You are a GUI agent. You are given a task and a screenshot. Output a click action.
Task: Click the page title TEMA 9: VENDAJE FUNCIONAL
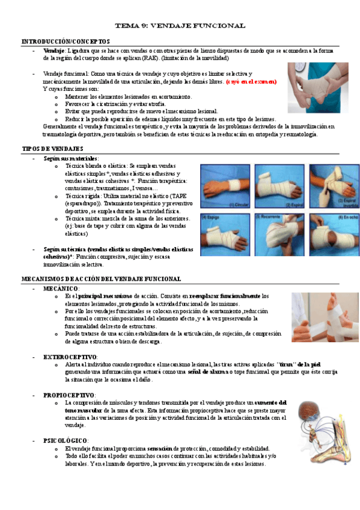click(180, 26)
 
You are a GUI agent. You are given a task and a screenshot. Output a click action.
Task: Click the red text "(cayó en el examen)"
click(251, 81)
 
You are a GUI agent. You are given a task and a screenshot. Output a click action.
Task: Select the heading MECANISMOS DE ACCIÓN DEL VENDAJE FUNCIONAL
click(101, 279)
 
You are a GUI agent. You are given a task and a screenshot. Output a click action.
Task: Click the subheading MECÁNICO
click(61, 289)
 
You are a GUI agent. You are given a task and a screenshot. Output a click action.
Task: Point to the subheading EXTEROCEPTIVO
click(70, 357)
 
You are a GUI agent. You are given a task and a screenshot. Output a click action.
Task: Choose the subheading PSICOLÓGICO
click(66, 441)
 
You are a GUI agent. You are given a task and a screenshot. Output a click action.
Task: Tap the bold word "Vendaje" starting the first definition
click(54, 51)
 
